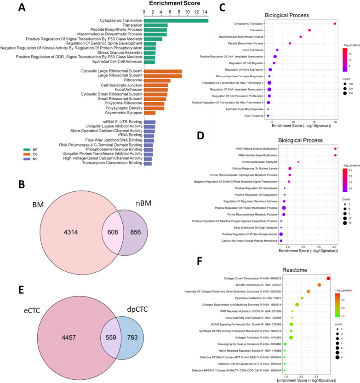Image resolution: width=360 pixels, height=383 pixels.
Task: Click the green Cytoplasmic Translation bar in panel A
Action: pyautogui.click(x=176, y=20)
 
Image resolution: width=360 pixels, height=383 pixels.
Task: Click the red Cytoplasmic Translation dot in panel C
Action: pyautogui.click(x=335, y=23)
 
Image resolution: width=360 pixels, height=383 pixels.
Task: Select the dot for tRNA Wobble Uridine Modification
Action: pyautogui.click(x=335, y=149)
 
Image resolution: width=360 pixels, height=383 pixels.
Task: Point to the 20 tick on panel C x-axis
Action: pyautogui.click(x=335, y=121)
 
